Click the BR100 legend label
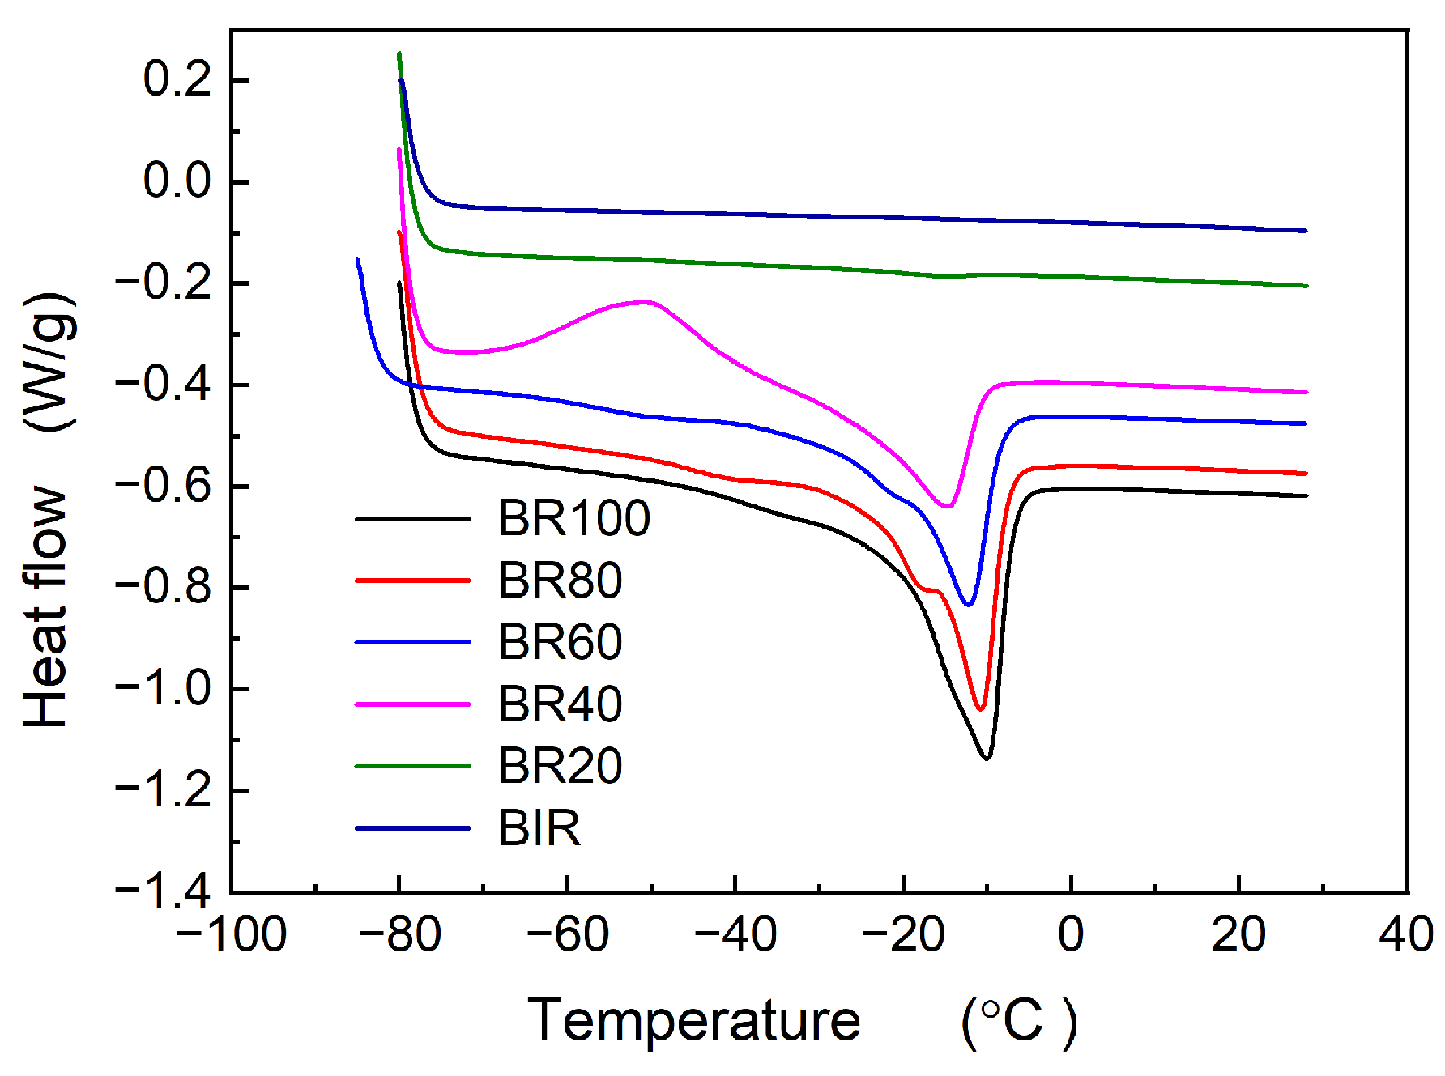tap(573, 518)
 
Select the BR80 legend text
tap(560, 581)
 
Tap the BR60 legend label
tap(560, 642)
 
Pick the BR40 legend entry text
tap(560, 704)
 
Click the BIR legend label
tap(539, 828)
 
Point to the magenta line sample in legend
tap(413, 704)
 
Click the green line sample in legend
tap(413, 766)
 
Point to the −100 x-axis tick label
tap(232, 934)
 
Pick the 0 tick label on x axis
tap(1071, 934)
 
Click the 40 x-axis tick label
tap(1406, 934)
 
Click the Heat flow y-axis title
tap(47, 607)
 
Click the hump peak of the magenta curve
tap(646, 301)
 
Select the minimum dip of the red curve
tap(980, 709)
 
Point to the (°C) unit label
tap(1019, 1022)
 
